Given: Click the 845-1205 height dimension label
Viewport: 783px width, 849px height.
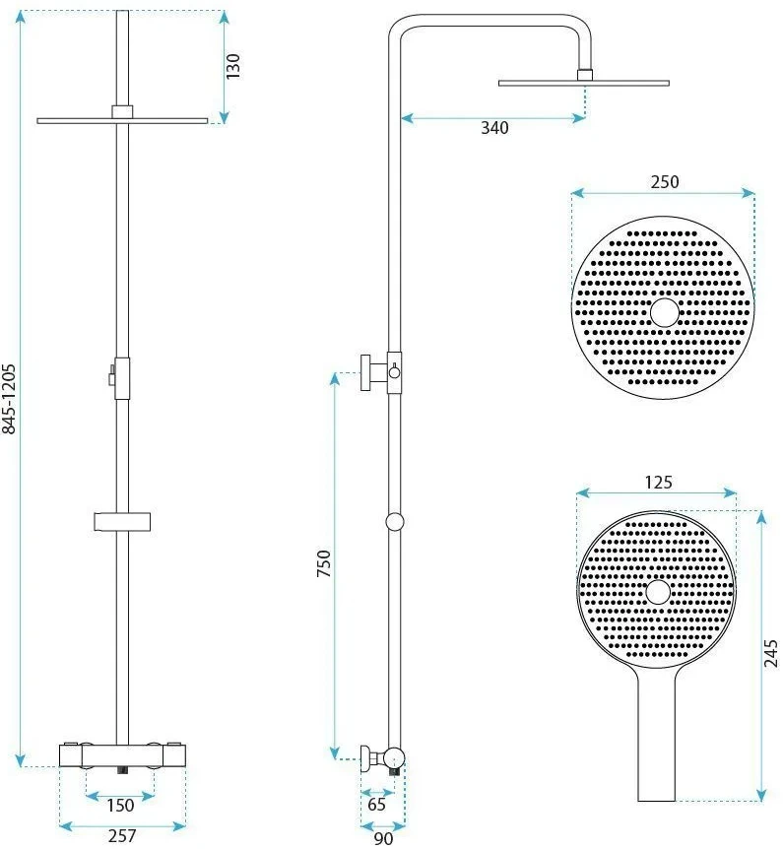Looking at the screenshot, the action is click(10, 399).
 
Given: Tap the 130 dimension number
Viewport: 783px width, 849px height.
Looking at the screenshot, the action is click(232, 66).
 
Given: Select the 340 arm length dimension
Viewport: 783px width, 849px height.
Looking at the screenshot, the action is click(495, 128).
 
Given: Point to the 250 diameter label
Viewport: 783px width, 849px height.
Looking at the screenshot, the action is click(665, 181).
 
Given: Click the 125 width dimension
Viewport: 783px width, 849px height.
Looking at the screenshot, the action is click(658, 482).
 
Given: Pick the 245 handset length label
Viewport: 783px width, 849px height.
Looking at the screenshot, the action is click(770, 653).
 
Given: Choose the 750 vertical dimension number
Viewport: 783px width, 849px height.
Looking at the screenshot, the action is click(324, 563).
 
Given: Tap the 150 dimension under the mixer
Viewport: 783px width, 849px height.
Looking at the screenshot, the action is click(120, 805).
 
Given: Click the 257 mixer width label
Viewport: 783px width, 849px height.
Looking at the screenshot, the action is click(122, 835).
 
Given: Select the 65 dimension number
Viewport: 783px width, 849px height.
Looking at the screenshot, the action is click(376, 804).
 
